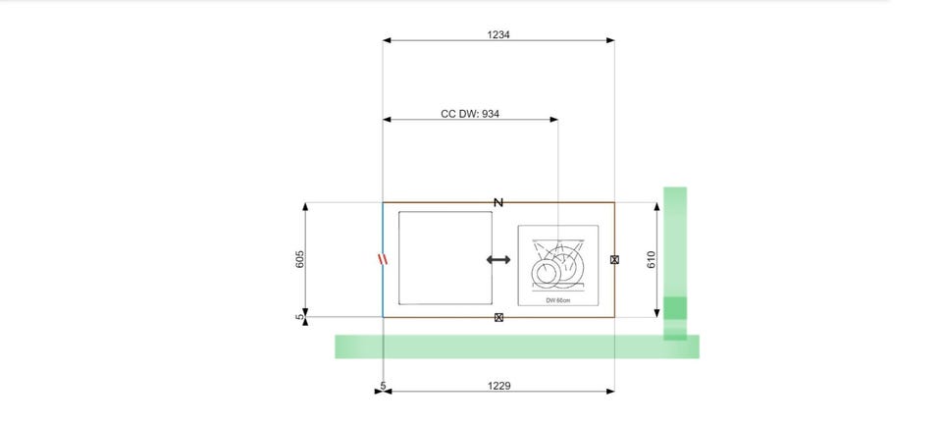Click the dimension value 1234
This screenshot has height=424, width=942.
pyautogui.click(x=498, y=34)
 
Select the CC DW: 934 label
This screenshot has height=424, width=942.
pyautogui.click(x=470, y=114)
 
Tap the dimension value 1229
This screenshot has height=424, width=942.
pyautogui.click(x=498, y=386)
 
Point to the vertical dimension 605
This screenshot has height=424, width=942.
pyautogui.click(x=301, y=259)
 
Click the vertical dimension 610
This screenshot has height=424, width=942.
pyautogui.click(x=652, y=259)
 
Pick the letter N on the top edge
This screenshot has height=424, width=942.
pyautogui.click(x=498, y=203)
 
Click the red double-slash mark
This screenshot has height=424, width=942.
pyautogui.click(x=383, y=259)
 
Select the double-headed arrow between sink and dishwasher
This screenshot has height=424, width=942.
pyautogui.click(x=498, y=259)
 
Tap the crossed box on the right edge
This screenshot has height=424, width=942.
pyautogui.click(x=614, y=259)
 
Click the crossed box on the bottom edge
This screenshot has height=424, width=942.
pyautogui.click(x=498, y=317)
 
